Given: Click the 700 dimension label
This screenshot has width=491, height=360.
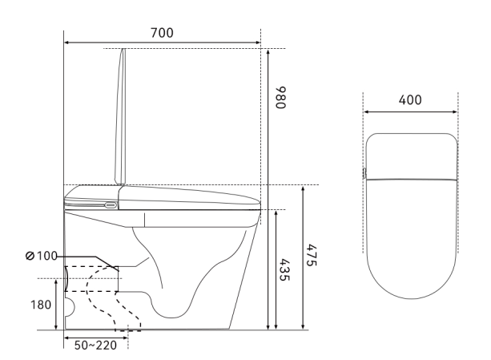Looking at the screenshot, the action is point(162,33).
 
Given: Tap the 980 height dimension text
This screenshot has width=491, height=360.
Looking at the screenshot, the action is point(280,97).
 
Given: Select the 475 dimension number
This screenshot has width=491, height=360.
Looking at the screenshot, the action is point(312,255).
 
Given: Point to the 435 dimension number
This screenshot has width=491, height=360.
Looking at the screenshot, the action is point(284,269).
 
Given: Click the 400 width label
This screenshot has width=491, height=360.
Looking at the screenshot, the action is point(410,100).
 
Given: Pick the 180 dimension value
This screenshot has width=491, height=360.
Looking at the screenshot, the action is point(41,305).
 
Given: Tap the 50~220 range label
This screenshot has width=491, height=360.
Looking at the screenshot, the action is point(95,346).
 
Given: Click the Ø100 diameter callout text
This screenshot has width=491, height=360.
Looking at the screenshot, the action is point(42,256).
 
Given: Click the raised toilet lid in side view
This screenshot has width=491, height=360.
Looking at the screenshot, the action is point(121,116).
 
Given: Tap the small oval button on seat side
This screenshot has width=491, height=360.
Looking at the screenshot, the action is point(111,205).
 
